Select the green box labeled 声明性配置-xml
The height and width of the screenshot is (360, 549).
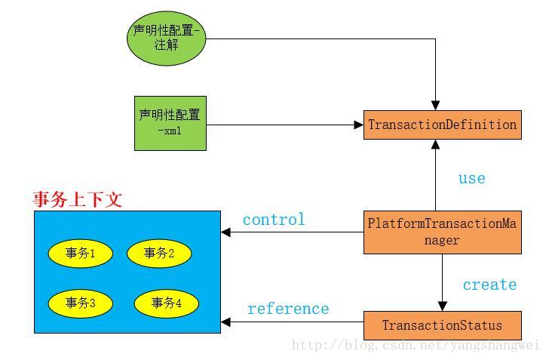[170, 123]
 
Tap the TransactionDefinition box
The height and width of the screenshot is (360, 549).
[443, 125]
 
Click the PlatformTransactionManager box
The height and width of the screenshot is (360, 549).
[443, 232]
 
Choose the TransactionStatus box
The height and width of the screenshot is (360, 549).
[443, 325]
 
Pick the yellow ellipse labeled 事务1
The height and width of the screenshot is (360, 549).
[80, 254]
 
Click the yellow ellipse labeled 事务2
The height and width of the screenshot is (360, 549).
[158, 254]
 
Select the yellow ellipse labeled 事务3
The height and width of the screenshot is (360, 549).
[80, 303]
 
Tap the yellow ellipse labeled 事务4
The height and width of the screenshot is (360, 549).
[167, 303]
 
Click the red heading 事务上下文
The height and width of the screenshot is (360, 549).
[78, 199]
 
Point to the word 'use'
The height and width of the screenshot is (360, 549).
[471, 178]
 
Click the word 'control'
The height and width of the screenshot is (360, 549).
[274, 220]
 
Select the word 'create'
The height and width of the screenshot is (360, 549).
[489, 285]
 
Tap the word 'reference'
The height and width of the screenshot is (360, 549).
[288, 309]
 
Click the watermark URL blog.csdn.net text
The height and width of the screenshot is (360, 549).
[415, 346]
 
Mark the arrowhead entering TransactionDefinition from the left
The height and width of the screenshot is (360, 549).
[359, 125]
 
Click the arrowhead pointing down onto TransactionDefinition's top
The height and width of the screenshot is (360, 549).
[435, 106]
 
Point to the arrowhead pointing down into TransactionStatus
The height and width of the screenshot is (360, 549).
[443, 306]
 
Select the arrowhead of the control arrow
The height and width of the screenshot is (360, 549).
[225, 232]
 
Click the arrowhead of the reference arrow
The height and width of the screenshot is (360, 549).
[225, 323]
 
